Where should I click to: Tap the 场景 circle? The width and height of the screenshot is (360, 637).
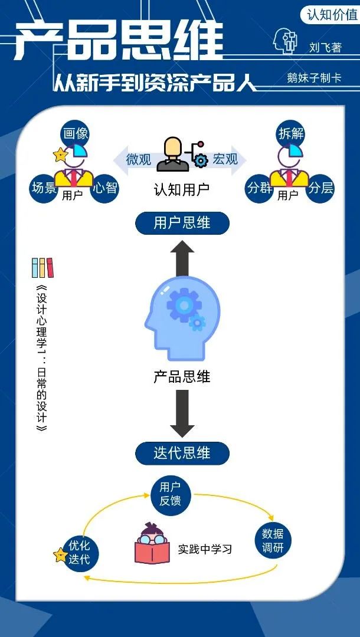tap(45, 188)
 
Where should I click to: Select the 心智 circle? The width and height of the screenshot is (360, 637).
tap(106, 188)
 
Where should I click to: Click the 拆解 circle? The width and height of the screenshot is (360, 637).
tap(291, 133)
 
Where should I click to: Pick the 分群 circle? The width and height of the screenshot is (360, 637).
tap(260, 188)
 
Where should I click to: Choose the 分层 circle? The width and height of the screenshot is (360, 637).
tap(321, 188)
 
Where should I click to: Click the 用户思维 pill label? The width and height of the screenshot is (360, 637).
tap(182, 222)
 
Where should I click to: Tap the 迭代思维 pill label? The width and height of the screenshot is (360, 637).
tap(182, 453)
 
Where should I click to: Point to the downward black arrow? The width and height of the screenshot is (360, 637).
tap(182, 413)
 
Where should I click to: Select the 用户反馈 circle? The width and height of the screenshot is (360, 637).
tap(170, 494)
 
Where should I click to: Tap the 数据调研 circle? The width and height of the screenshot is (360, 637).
tap(273, 541)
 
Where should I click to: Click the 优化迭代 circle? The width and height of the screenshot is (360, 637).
tap(80, 552)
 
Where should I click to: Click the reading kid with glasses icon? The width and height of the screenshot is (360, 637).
tap(152, 544)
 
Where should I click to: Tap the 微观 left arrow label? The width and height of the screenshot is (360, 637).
tap(138, 159)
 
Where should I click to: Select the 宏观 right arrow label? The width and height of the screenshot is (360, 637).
tap(226, 159)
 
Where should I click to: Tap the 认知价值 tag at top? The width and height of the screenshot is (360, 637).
tap(332, 14)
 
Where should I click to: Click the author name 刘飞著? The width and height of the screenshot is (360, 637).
tap(325, 47)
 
